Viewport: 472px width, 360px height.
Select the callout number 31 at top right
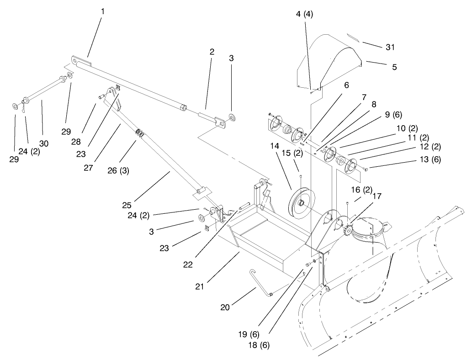390,47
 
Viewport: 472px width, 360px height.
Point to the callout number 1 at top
102,11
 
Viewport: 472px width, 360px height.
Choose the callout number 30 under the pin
43,143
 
